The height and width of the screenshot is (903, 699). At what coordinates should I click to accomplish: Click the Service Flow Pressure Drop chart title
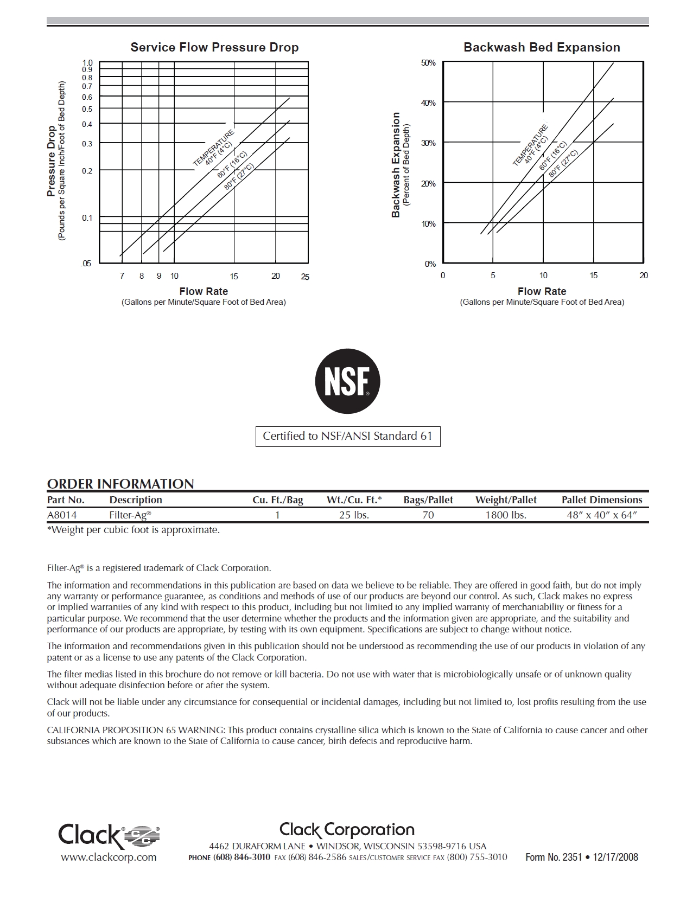point(214,48)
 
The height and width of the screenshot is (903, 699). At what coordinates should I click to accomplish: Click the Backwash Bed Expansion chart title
point(542,48)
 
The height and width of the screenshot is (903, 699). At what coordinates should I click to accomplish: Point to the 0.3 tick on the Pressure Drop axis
point(87,144)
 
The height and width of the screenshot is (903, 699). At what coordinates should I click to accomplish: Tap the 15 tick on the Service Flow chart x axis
point(234,277)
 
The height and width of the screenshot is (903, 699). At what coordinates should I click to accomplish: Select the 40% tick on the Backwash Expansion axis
point(429,103)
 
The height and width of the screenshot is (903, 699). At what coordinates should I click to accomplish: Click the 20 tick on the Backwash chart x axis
point(644,276)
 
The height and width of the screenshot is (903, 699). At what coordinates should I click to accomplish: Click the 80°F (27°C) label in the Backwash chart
point(563,163)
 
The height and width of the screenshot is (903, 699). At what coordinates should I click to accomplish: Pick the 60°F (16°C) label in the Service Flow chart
point(232,164)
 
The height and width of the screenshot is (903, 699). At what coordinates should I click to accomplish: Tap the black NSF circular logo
point(348,381)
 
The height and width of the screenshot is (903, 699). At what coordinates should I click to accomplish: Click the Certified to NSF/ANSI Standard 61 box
point(348,437)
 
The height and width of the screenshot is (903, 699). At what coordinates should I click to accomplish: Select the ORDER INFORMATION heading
point(120,484)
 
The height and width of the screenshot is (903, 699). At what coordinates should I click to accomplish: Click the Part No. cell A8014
point(62,515)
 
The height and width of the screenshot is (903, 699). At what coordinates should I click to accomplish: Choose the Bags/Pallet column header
point(428,500)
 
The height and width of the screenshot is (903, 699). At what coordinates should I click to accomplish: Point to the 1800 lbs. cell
point(506,515)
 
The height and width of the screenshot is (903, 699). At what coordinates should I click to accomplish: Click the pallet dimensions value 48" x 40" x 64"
point(602,515)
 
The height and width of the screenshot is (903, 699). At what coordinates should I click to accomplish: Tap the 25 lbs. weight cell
point(354,515)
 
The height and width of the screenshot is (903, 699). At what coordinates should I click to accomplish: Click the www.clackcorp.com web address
point(109,857)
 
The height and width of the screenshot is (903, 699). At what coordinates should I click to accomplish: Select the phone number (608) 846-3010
point(242,857)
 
